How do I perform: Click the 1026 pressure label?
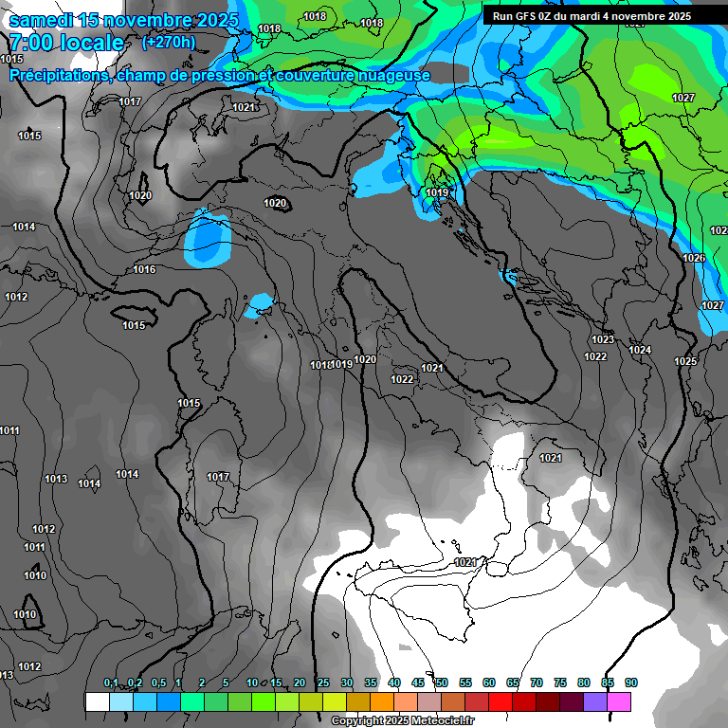pyautogui.click(x=694, y=258)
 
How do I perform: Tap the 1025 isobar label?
pyautogui.click(x=685, y=361)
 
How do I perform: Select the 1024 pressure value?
pyautogui.click(x=640, y=350)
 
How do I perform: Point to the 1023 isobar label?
pyautogui.click(x=603, y=339)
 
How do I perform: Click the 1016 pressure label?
pyautogui.click(x=144, y=270)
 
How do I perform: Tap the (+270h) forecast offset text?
pyautogui.click(x=169, y=42)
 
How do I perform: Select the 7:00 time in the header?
pyautogui.click(x=30, y=44)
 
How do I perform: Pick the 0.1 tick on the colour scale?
pyautogui.click(x=111, y=683)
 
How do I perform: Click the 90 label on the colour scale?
pyautogui.click(x=631, y=683)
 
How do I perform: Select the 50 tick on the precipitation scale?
pyautogui.click(x=442, y=683)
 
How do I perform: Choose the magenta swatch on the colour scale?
pyautogui.click(x=619, y=701)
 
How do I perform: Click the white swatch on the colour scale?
pyautogui.click(x=97, y=701)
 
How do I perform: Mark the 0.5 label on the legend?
pyautogui.click(x=158, y=683)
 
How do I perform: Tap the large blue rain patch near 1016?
pyautogui.click(x=208, y=237)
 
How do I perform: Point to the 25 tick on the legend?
pyautogui.click(x=323, y=683)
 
